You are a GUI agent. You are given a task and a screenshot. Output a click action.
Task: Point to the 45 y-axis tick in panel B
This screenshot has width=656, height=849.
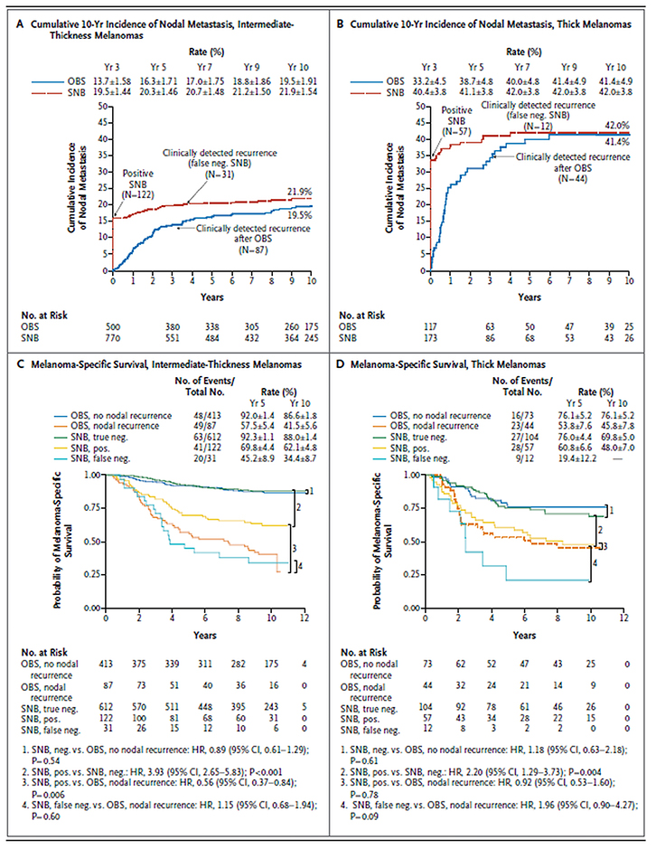(x=422, y=122)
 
